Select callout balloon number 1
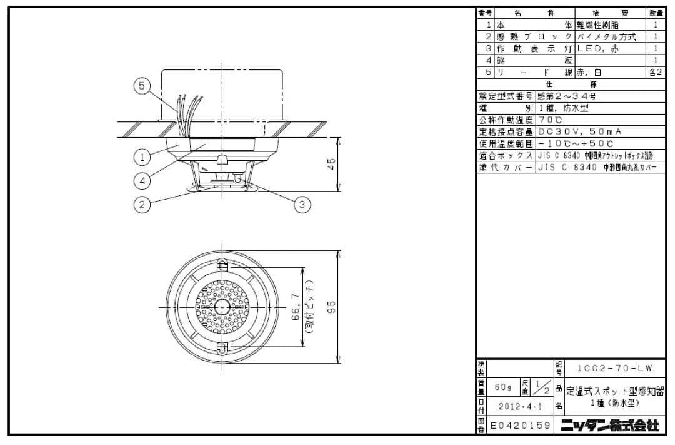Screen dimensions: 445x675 (x=143, y=156)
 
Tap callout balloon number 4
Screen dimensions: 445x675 (x=143, y=180)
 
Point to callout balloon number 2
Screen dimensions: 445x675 (x=143, y=204)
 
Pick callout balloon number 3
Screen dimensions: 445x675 (x=302, y=204)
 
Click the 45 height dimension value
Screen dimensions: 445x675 (x=332, y=164)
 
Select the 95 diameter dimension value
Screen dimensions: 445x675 (x=332, y=306)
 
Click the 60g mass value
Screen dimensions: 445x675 (x=503, y=387)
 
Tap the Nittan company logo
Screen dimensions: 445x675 (x=609, y=426)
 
